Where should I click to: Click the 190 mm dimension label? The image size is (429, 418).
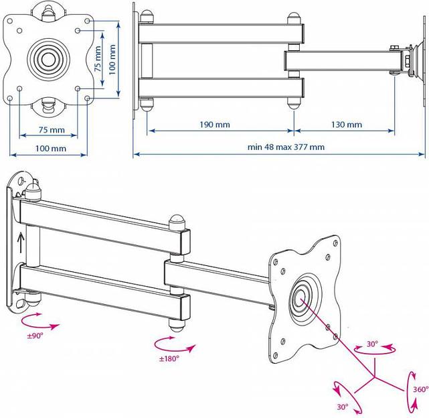214,125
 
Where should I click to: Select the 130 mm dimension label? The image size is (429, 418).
346,125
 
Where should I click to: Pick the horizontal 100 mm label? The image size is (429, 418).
51,148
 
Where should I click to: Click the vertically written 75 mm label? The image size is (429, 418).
98,59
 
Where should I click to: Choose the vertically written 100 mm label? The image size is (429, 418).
113,59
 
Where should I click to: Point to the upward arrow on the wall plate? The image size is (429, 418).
21,240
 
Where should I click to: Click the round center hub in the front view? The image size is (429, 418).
49,56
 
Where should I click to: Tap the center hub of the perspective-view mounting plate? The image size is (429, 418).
300,295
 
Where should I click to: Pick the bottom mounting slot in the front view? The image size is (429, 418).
49,102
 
